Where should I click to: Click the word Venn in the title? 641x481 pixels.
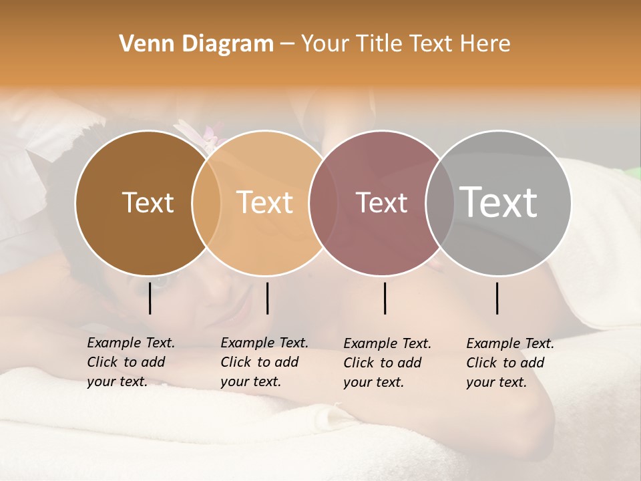148,44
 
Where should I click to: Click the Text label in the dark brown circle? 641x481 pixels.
148,202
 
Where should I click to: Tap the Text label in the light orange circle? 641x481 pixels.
265,202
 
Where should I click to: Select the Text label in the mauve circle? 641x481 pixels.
381,202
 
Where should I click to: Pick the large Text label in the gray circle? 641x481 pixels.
499,202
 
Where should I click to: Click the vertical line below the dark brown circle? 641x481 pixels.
150,299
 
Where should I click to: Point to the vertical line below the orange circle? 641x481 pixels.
267,299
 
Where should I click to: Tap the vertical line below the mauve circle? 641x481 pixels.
385,299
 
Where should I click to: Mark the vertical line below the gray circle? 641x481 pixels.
497,299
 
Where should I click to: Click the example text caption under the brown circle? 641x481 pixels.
130,362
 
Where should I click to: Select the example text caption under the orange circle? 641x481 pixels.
264,362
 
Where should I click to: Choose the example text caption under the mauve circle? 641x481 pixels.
387,363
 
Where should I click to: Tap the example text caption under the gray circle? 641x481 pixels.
509,363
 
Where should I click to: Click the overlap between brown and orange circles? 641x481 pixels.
206,202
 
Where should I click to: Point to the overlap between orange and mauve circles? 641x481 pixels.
323,202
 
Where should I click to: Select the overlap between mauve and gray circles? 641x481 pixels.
439,202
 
